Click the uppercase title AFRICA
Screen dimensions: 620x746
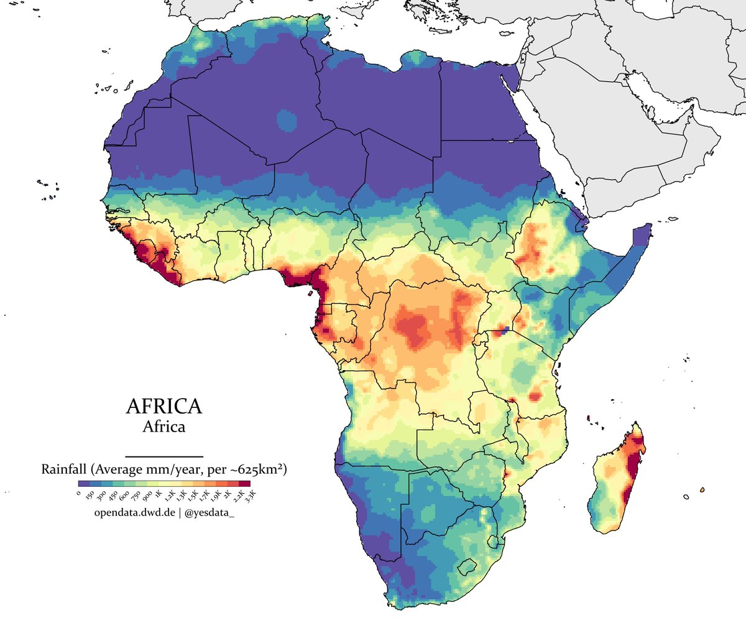click(163, 406)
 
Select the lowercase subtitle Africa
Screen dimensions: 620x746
click(163, 427)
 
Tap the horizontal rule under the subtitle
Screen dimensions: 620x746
click(164, 456)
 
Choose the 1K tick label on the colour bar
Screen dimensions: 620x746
click(159, 494)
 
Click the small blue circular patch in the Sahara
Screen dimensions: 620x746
click(287, 119)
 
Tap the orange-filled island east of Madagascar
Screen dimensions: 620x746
click(702, 490)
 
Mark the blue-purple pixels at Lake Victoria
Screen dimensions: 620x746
click(505, 330)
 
